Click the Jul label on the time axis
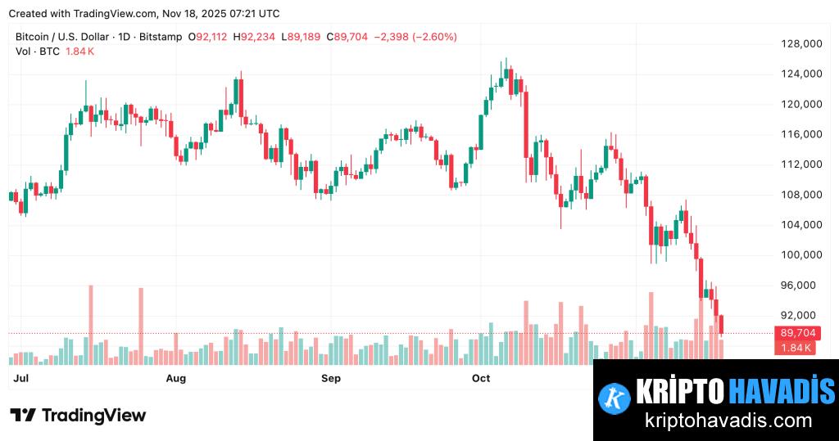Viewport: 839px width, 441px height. click(x=22, y=378)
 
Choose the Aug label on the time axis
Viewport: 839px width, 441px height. click(x=175, y=378)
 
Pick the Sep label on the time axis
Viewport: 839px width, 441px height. click(x=330, y=378)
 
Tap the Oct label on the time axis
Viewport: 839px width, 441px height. click(x=481, y=378)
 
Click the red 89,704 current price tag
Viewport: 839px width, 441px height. click(x=797, y=333)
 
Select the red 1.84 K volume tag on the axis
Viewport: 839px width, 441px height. click(x=797, y=348)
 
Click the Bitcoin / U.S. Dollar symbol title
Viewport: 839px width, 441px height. click(x=60, y=37)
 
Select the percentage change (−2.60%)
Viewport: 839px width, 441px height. click(x=434, y=37)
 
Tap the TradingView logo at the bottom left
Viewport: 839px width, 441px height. click(x=78, y=416)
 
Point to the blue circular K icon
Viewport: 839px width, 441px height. click(x=614, y=397)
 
